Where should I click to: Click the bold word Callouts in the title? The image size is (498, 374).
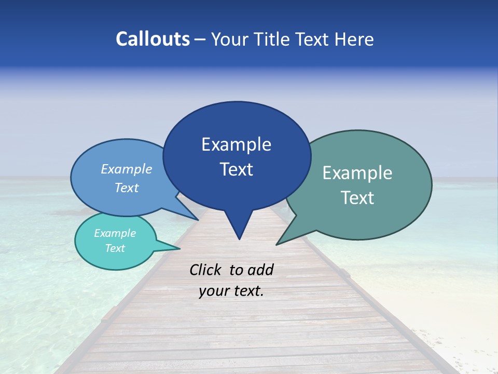(153, 39)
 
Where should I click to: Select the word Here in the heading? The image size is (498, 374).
(355, 39)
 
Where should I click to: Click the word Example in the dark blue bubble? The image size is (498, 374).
(236, 144)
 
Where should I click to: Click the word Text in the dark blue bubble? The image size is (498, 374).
(237, 169)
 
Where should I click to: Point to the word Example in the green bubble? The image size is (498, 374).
(357, 173)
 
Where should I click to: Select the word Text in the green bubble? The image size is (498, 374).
(358, 198)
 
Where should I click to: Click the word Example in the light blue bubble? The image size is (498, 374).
(126, 169)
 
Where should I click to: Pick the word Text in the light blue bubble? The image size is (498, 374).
(126, 188)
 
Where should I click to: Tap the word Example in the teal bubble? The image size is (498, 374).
(115, 233)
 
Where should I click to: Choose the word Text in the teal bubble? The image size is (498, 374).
(115, 248)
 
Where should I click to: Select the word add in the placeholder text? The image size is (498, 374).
(260, 270)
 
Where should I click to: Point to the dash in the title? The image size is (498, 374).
(201, 39)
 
